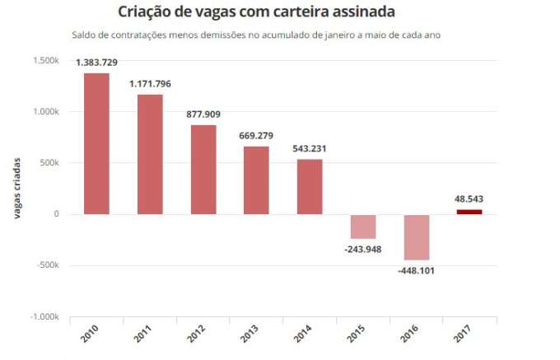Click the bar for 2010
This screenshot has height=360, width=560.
tap(96, 143)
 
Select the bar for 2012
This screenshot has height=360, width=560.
tap(203, 169)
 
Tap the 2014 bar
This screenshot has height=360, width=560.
tap(310, 186)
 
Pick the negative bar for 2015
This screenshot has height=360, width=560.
tap(362, 227)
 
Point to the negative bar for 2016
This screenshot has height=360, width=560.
tap(416, 237)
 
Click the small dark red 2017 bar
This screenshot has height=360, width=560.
tap(469, 212)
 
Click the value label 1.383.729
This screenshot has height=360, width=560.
tap(97, 63)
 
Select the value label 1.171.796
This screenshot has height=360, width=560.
tap(151, 84)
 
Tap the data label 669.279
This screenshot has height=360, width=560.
tap(257, 135)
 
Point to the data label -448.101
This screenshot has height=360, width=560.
tap(417, 270)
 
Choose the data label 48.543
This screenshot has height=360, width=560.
tap(469, 199)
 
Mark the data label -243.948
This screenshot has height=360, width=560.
tap(363, 250)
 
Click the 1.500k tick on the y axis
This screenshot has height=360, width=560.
tap(44, 61)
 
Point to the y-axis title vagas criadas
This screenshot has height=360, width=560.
tap(16, 189)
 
